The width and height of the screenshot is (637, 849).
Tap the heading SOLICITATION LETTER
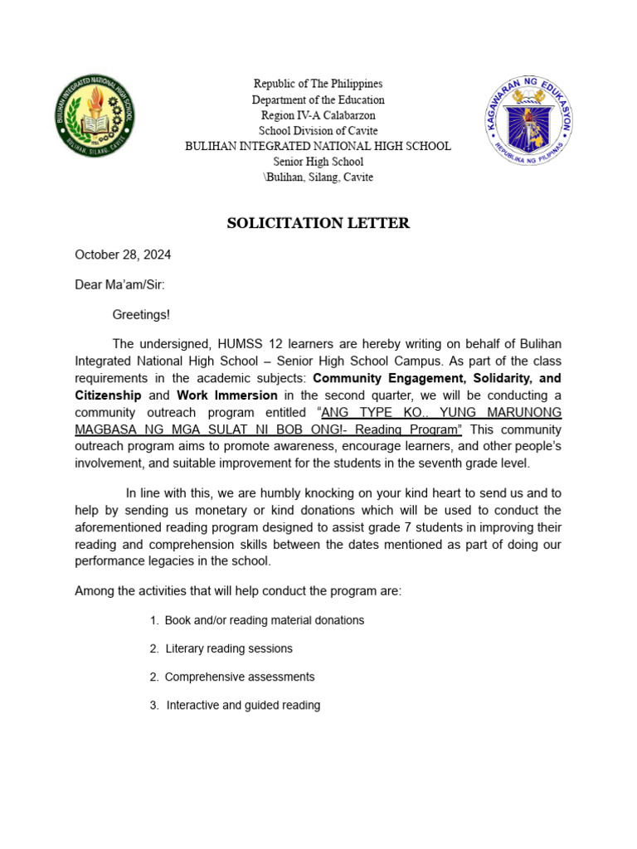point(318,223)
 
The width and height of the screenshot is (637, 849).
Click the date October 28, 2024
point(123,255)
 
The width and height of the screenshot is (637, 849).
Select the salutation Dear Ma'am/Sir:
point(119,284)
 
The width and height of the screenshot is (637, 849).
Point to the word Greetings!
point(141,314)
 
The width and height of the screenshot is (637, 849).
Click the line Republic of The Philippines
point(318,84)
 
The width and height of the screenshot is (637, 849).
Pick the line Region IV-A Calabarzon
point(318,115)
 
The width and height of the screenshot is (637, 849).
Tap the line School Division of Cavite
point(318,130)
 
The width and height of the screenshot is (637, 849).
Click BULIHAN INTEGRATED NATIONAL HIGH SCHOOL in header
point(318,146)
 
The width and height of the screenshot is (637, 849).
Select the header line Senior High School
point(318,162)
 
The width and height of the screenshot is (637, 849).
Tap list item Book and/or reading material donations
point(264,620)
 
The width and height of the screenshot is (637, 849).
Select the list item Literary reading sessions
point(229,648)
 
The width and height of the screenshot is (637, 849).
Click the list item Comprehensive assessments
point(240,677)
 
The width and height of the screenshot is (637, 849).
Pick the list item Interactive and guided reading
point(243,706)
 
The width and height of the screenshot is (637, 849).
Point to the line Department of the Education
point(318,99)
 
